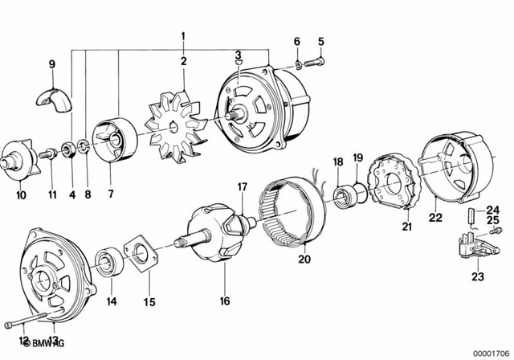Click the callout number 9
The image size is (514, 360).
(x=52, y=63)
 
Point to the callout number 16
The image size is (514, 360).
(x=224, y=301)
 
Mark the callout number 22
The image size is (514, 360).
(x=435, y=215)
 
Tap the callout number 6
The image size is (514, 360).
(x=296, y=41)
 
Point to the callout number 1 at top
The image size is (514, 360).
(x=183, y=36)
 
